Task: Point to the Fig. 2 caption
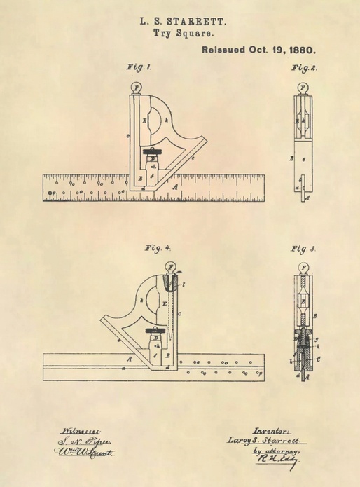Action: (x=303, y=68)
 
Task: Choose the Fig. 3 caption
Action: (x=303, y=249)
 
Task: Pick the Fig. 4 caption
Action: (x=158, y=249)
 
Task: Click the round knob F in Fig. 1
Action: (x=137, y=88)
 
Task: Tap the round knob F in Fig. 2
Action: (x=303, y=88)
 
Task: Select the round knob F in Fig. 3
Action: (x=303, y=268)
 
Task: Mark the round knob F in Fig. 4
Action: (x=170, y=268)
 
